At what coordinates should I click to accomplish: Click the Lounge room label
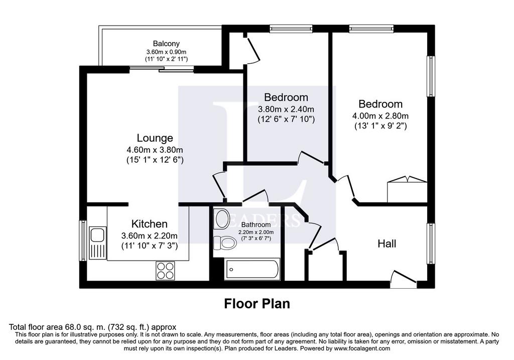(x=155, y=138)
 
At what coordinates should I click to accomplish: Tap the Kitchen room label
(x=150, y=224)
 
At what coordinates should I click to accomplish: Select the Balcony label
(x=166, y=44)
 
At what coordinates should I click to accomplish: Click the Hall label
(x=387, y=244)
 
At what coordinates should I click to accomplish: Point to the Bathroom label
(x=256, y=225)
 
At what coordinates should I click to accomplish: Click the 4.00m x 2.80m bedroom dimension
(x=380, y=116)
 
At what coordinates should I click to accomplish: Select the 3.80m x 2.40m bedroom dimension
(x=286, y=109)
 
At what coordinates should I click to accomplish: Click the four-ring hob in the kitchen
(x=165, y=271)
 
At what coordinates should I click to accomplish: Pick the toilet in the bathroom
(x=225, y=243)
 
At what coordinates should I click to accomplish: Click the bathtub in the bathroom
(x=252, y=270)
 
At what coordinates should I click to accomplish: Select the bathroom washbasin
(x=221, y=219)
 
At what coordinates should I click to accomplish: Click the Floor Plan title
(x=257, y=304)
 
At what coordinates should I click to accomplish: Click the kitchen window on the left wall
(x=83, y=241)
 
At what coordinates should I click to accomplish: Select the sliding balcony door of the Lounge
(x=162, y=69)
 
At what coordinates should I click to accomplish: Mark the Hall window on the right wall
(x=431, y=244)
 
